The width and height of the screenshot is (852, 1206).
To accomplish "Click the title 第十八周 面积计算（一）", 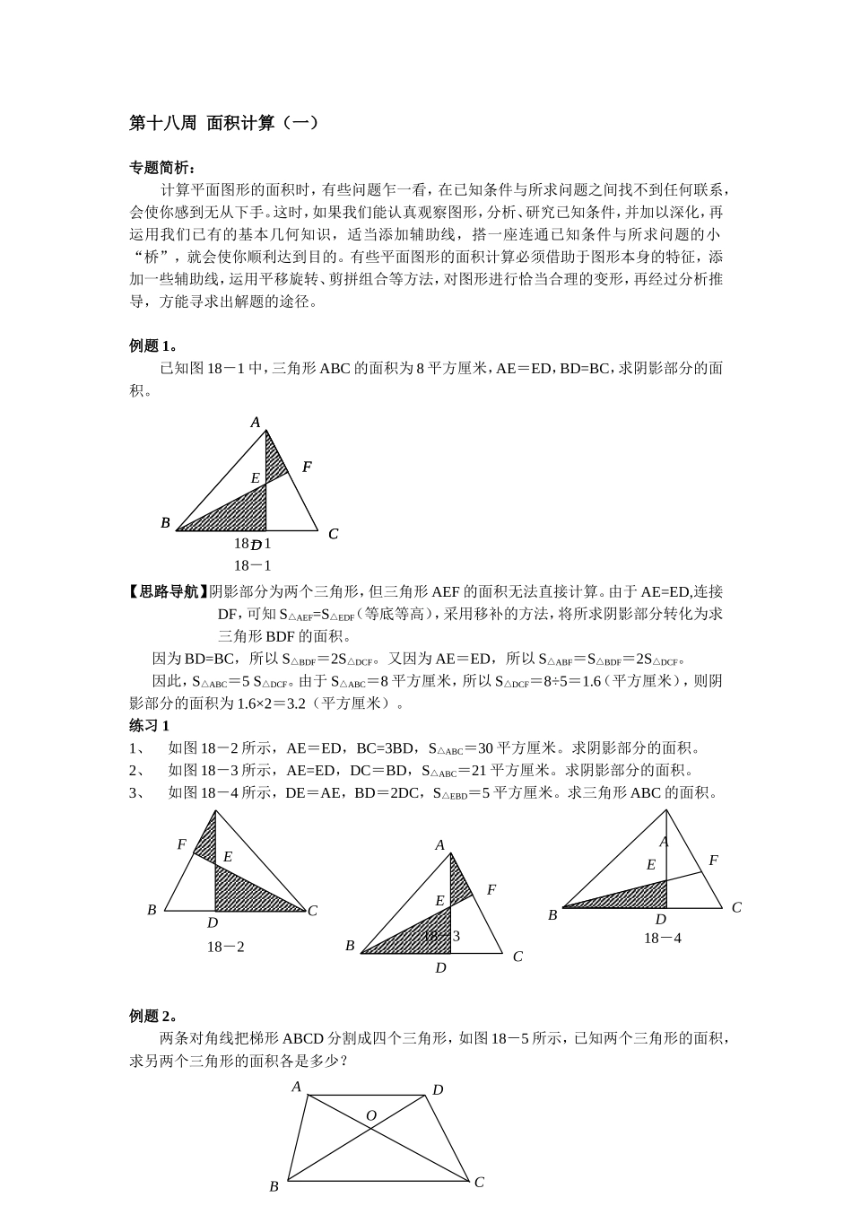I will [223, 124].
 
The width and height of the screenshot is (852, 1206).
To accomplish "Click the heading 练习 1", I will [150, 725].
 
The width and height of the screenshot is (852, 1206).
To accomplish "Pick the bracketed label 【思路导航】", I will [169, 591].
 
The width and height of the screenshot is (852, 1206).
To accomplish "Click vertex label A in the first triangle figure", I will [256, 422].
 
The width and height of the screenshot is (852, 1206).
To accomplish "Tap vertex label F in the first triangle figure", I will [307, 467].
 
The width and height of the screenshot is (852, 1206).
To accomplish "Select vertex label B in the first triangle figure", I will [165, 522].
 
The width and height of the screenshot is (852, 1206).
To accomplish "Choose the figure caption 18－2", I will [226, 947].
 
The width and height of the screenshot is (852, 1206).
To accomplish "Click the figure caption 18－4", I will [663, 938].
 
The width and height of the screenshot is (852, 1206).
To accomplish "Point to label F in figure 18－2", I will [182, 844].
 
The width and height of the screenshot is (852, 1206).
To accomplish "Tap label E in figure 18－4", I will [651, 865].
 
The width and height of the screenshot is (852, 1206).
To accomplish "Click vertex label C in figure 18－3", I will [517, 957].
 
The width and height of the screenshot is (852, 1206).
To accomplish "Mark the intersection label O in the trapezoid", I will [370, 1116].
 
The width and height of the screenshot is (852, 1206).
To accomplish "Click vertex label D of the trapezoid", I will [438, 1090].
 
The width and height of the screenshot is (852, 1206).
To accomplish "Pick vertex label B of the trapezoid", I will [274, 1186].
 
